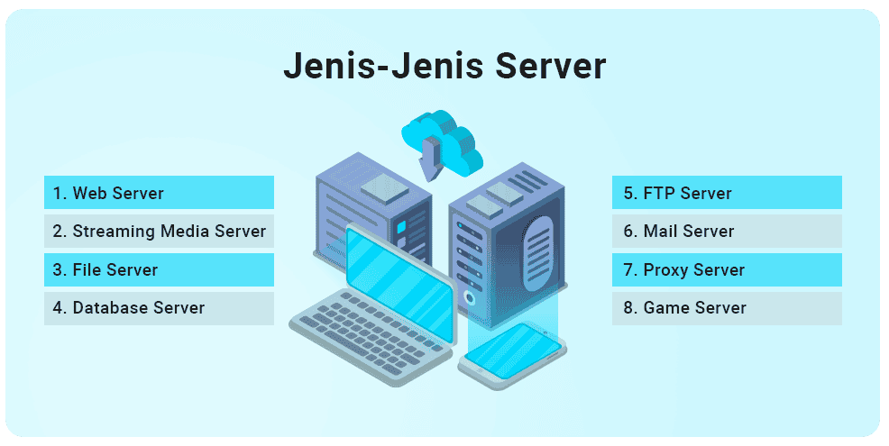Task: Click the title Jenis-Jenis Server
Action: click(444, 66)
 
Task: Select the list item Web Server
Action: click(159, 193)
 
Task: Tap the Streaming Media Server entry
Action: click(159, 232)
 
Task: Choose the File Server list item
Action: click(159, 269)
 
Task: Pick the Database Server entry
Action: click(159, 308)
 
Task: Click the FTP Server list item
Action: click(727, 193)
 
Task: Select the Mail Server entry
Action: click(727, 232)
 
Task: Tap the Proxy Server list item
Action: click(727, 269)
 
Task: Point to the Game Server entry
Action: click(727, 308)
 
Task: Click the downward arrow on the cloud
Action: click(431, 159)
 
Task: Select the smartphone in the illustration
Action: click(512, 353)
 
